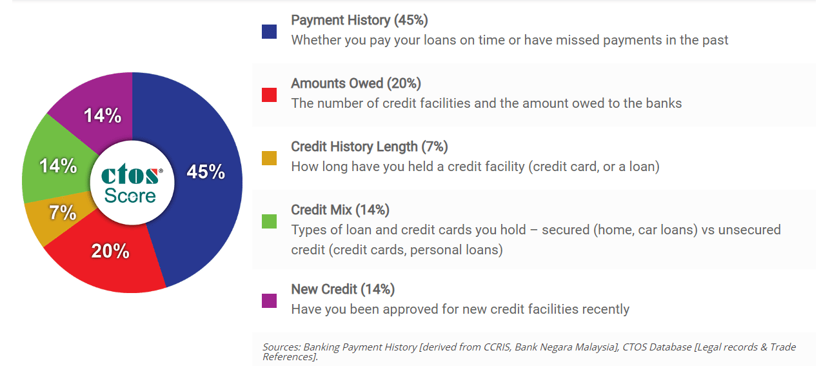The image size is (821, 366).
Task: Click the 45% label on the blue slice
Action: click(206, 172)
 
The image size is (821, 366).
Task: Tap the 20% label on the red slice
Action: click(110, 251)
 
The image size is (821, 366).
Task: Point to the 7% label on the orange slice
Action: click(63, 213)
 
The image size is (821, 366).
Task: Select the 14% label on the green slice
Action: click(58, 166)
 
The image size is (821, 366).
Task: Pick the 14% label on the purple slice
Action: click(103, 116)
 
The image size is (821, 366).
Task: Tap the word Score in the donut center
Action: click(130, 196)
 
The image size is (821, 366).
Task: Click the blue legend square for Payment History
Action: click(269, 32)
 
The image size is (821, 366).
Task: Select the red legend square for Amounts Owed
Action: click(269, 95)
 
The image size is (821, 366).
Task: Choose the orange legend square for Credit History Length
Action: click(269, 158)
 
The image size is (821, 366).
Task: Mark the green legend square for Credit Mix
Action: click(269, 221)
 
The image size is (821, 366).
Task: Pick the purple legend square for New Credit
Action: click(269, 301)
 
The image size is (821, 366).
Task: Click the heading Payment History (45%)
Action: click(360, 21)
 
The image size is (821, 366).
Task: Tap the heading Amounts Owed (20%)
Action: click(356, 84)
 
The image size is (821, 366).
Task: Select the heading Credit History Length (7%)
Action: click(370, 147)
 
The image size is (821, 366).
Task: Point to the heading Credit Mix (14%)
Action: click(340, 210)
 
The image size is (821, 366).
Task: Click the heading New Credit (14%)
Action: click(343, 289)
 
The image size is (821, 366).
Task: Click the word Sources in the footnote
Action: click(281, 347)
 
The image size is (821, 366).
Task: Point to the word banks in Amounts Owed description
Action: click(664, 103)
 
